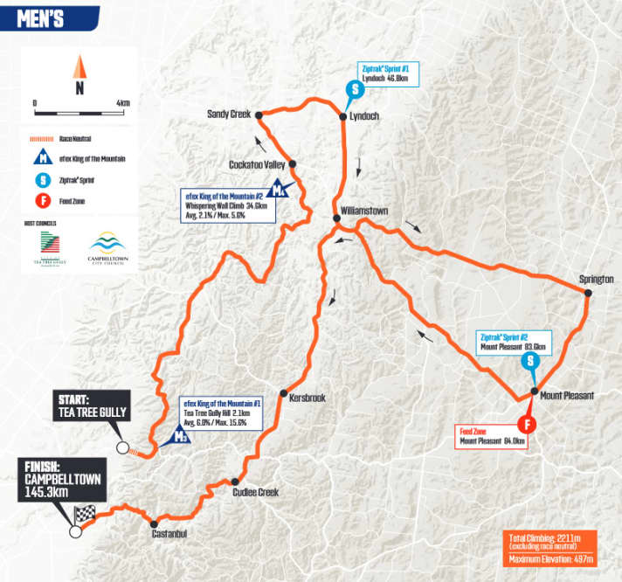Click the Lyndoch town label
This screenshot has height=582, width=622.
[363, 116]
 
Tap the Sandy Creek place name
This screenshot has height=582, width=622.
[228, 114]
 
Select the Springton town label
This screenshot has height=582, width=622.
[596, 279]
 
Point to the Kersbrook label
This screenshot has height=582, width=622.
[307, 398]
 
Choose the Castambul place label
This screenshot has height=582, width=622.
[169, 533]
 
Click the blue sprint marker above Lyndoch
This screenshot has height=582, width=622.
[355, 89]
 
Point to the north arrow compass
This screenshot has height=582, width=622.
[79, 74]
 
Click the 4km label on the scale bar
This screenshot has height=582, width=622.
[122, 102]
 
